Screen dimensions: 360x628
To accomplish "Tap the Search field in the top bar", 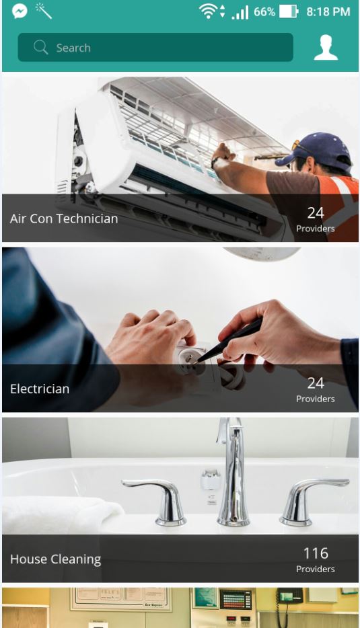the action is tap(155, 47).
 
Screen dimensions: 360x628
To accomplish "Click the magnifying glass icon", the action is tap(40, 47).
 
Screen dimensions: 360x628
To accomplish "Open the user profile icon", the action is tap(326, 47).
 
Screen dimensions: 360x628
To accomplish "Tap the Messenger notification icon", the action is tap(20, 11).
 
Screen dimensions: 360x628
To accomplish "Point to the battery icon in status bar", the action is tap(289, 11).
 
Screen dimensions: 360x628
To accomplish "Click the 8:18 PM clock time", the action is tap(328, 11).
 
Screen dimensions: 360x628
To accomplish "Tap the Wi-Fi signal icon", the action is tap(208, 11).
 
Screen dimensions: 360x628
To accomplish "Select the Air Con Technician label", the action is tap(64, 219).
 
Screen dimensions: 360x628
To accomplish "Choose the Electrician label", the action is tap(40, 389).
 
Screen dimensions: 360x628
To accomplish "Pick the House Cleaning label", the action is tap(55, 559).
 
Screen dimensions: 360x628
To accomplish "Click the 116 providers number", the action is tap(316, 553).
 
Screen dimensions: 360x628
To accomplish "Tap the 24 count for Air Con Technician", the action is tap(316, 213).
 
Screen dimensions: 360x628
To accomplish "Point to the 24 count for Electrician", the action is tap(316, 383).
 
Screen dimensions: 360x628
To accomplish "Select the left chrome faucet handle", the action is tap(160, 501).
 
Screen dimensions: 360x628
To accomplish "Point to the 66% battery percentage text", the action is tap(264, 11).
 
